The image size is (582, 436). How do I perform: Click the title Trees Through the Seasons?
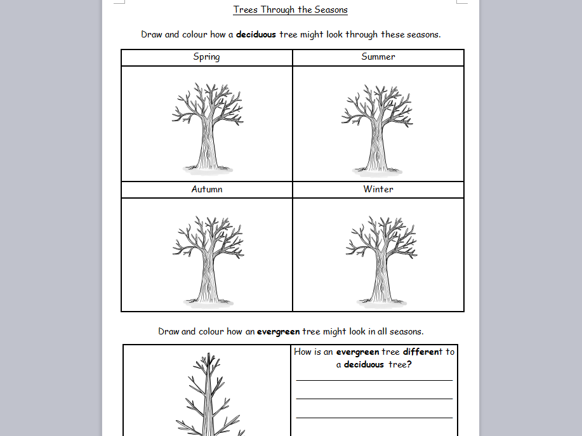coord(291,10)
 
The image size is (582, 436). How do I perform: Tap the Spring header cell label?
coord(206,57)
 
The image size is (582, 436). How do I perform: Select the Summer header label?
coord(378,57)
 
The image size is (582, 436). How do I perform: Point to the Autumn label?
coord(207,189)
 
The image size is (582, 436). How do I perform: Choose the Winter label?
coord(378,189)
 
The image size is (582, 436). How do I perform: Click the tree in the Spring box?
coord(207,127)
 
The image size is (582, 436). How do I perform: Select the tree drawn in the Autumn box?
coord(208,260)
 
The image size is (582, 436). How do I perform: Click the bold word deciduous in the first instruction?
coord(256,34)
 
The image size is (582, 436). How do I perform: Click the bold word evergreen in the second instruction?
coord(279,331)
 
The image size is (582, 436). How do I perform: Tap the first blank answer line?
coord(374,380)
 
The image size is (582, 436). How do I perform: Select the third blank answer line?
coord(374,418)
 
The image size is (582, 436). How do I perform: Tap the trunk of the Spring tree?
coord(207,149)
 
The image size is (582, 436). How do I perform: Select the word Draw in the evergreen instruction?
coord(168,331)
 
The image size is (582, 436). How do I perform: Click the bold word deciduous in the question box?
coord(364,364)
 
